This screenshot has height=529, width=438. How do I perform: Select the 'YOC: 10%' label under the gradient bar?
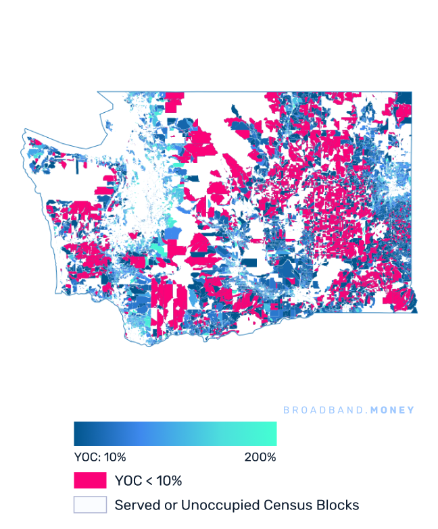click(x=99, y=457)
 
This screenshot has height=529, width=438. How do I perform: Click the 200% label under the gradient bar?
click(x=260, y=457)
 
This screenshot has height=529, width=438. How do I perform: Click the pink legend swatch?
click(x=90, y=480)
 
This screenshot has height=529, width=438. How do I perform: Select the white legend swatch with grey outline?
click(x=90, y=505)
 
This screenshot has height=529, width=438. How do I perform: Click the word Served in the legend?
click(x=134, y=505)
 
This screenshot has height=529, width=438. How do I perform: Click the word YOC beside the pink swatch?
click(x=128, y=481)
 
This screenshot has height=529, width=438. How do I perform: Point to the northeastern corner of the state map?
click(x=412, y=93)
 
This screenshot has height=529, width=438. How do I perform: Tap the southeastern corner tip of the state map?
click(x=416, y=311)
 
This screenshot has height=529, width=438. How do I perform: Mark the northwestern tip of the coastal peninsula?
click(x=24, y=130)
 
